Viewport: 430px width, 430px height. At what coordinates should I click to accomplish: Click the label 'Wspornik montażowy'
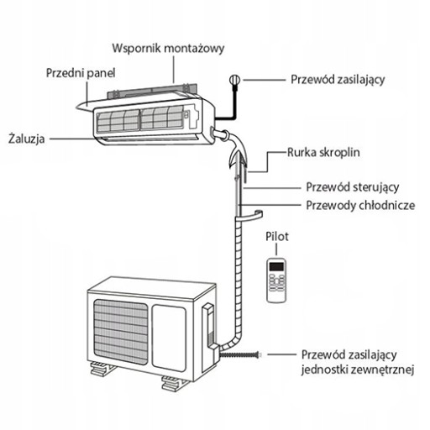pos(168,49)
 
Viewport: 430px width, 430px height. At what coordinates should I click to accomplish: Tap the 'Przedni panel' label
pos(81,73)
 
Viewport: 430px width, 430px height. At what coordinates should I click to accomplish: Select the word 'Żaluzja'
pos(27,139)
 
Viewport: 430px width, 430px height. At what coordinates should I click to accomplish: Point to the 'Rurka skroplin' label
pos(323,153)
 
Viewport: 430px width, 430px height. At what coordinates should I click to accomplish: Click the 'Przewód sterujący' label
pos(353,187)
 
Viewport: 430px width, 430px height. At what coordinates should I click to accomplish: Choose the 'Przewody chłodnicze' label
pos(360,206)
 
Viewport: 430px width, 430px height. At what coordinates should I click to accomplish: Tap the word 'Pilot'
pos(277,237)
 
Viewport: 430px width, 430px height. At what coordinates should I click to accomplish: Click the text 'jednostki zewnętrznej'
pos(358,370)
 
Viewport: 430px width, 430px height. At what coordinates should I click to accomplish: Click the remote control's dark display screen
pos(276,266)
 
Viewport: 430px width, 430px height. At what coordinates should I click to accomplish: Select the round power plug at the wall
pos(234,80)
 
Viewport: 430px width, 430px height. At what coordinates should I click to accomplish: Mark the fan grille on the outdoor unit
pos(121,332)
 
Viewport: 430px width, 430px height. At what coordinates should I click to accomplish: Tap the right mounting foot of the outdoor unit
pos(172,383)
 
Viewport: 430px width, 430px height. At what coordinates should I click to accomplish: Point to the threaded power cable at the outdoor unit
pos(240,355)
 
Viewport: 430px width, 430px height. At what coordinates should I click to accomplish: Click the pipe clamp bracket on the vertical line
pos(249,216)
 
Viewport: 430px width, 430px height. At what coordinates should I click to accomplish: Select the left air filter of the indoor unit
pos(118,121)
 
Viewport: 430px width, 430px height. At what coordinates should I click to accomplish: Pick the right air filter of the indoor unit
pos(162,118)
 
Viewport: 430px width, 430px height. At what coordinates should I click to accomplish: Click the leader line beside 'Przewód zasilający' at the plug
pos(264,80)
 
